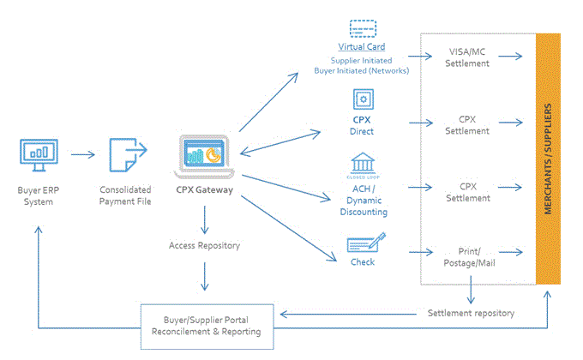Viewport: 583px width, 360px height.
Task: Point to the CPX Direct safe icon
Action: point(361,99)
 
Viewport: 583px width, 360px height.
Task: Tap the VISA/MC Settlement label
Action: point(468,57)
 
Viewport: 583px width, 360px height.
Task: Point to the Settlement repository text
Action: point(471,313)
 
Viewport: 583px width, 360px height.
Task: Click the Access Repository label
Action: point(204,245)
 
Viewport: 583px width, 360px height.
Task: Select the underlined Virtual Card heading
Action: point(361,47)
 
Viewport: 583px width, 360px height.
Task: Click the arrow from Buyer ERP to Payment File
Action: point(83,155)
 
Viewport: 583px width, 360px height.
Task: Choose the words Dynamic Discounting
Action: point(361,206)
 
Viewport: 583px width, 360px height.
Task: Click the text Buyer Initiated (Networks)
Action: point(361,71)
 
